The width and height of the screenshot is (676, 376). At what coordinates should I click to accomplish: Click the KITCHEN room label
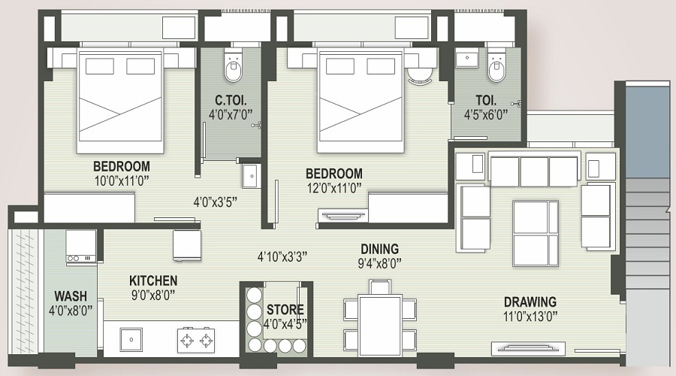click(153, 281)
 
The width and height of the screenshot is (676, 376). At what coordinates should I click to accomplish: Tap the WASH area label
click(71, 296)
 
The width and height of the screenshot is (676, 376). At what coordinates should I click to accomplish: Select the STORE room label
click(285, 310)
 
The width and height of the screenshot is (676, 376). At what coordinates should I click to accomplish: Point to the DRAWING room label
click(530, 302)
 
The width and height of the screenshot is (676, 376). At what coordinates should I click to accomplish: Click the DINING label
click(379, 249)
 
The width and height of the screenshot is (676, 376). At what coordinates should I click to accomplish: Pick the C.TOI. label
click(231, 101)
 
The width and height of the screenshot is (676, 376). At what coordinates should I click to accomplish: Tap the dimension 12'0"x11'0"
click(333, 188)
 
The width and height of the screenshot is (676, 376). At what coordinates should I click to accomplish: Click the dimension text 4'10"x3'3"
click(282, 257)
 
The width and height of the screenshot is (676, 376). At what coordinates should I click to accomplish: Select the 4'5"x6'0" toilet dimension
click(486, 115)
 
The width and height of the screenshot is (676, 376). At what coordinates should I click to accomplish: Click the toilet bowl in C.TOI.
click(234, 64)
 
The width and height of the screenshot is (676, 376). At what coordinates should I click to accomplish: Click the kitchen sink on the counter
click(131, 339)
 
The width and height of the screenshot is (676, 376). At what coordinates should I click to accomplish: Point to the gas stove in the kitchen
click(196, 341)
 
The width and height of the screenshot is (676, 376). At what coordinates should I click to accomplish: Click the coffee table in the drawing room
click(536, 234)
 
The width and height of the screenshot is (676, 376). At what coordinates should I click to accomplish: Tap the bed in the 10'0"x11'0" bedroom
click(120, 101)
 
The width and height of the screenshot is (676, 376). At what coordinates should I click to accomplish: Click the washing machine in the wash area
click(80, 246)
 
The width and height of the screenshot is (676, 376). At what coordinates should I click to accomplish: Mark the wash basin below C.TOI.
click(251, 176)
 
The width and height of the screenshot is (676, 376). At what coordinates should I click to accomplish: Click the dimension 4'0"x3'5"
click(215, 202)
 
